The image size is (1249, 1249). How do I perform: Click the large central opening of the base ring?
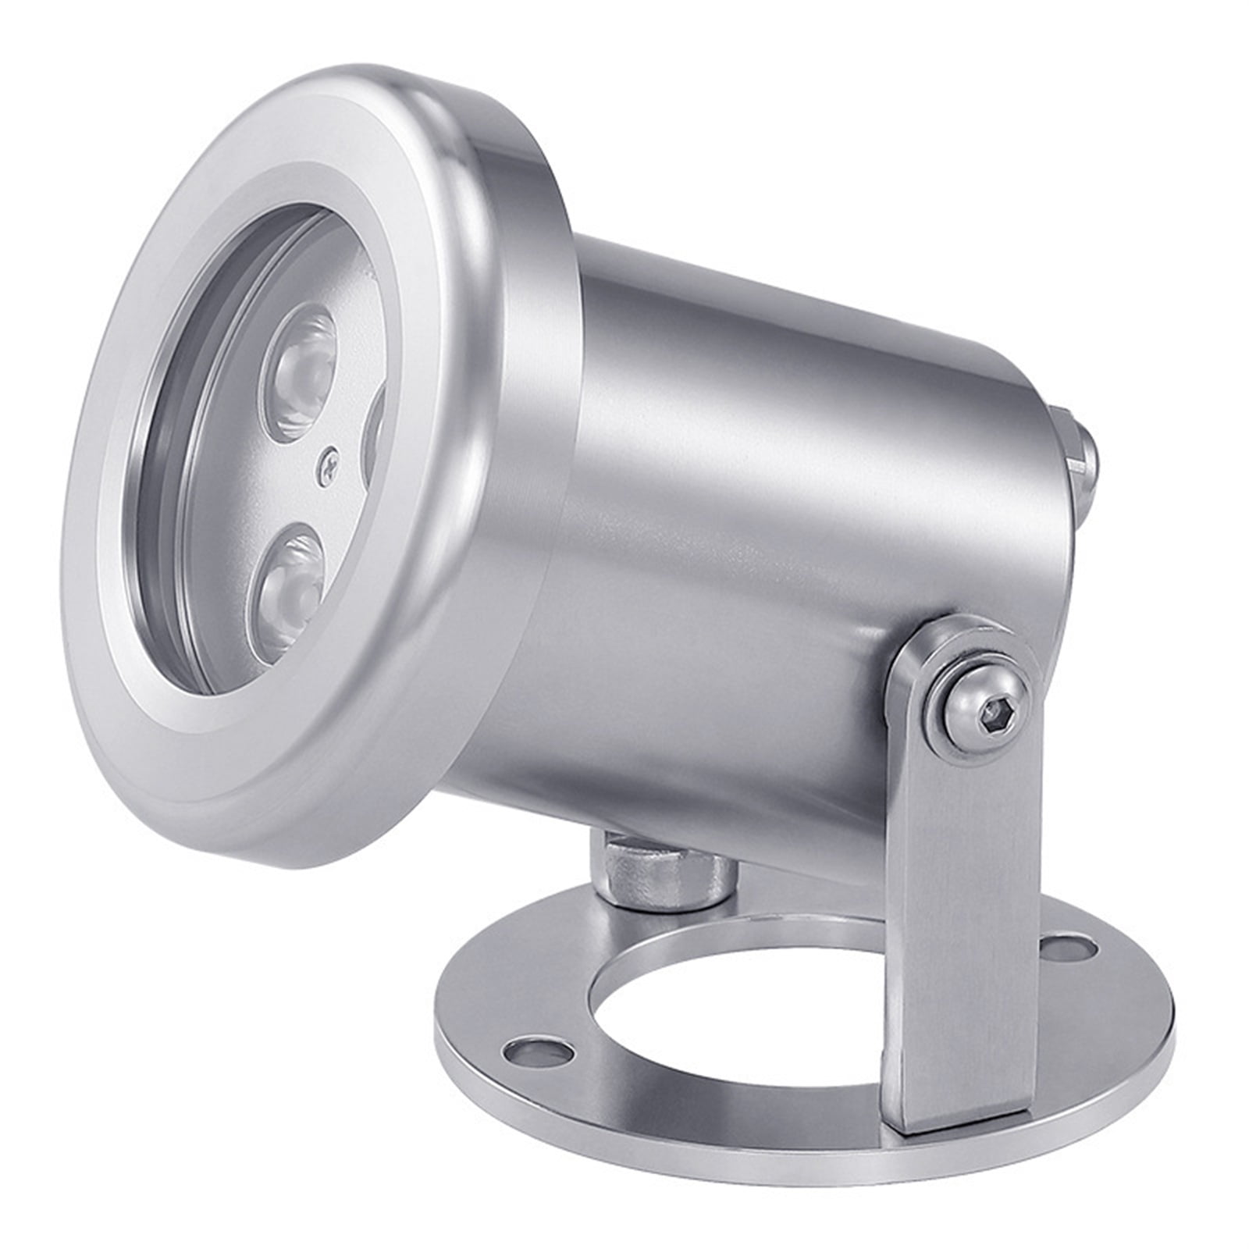(x=742, y=1007)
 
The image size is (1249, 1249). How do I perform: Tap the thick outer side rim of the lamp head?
(x=500, y=390)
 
